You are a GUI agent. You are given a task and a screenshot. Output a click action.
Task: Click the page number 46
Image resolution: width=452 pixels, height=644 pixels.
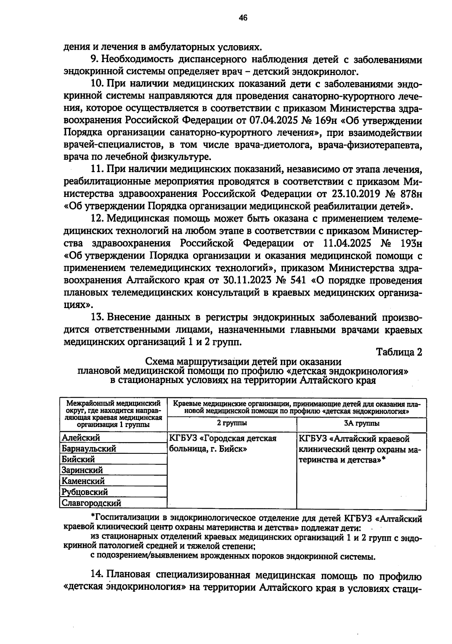243,18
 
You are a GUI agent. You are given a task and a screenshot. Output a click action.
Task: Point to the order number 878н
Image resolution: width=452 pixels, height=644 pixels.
411,194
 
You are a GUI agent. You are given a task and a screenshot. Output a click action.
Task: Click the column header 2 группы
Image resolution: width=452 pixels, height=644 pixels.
232,423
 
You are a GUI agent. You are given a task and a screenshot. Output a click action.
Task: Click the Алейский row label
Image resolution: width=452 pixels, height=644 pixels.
81,438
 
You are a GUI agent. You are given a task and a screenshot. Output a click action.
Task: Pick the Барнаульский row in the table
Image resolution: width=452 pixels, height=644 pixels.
89,449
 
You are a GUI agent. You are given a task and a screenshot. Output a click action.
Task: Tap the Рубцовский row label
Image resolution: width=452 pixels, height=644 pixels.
85,492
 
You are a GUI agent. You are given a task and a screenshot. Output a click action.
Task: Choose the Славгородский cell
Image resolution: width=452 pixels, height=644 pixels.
92,503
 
